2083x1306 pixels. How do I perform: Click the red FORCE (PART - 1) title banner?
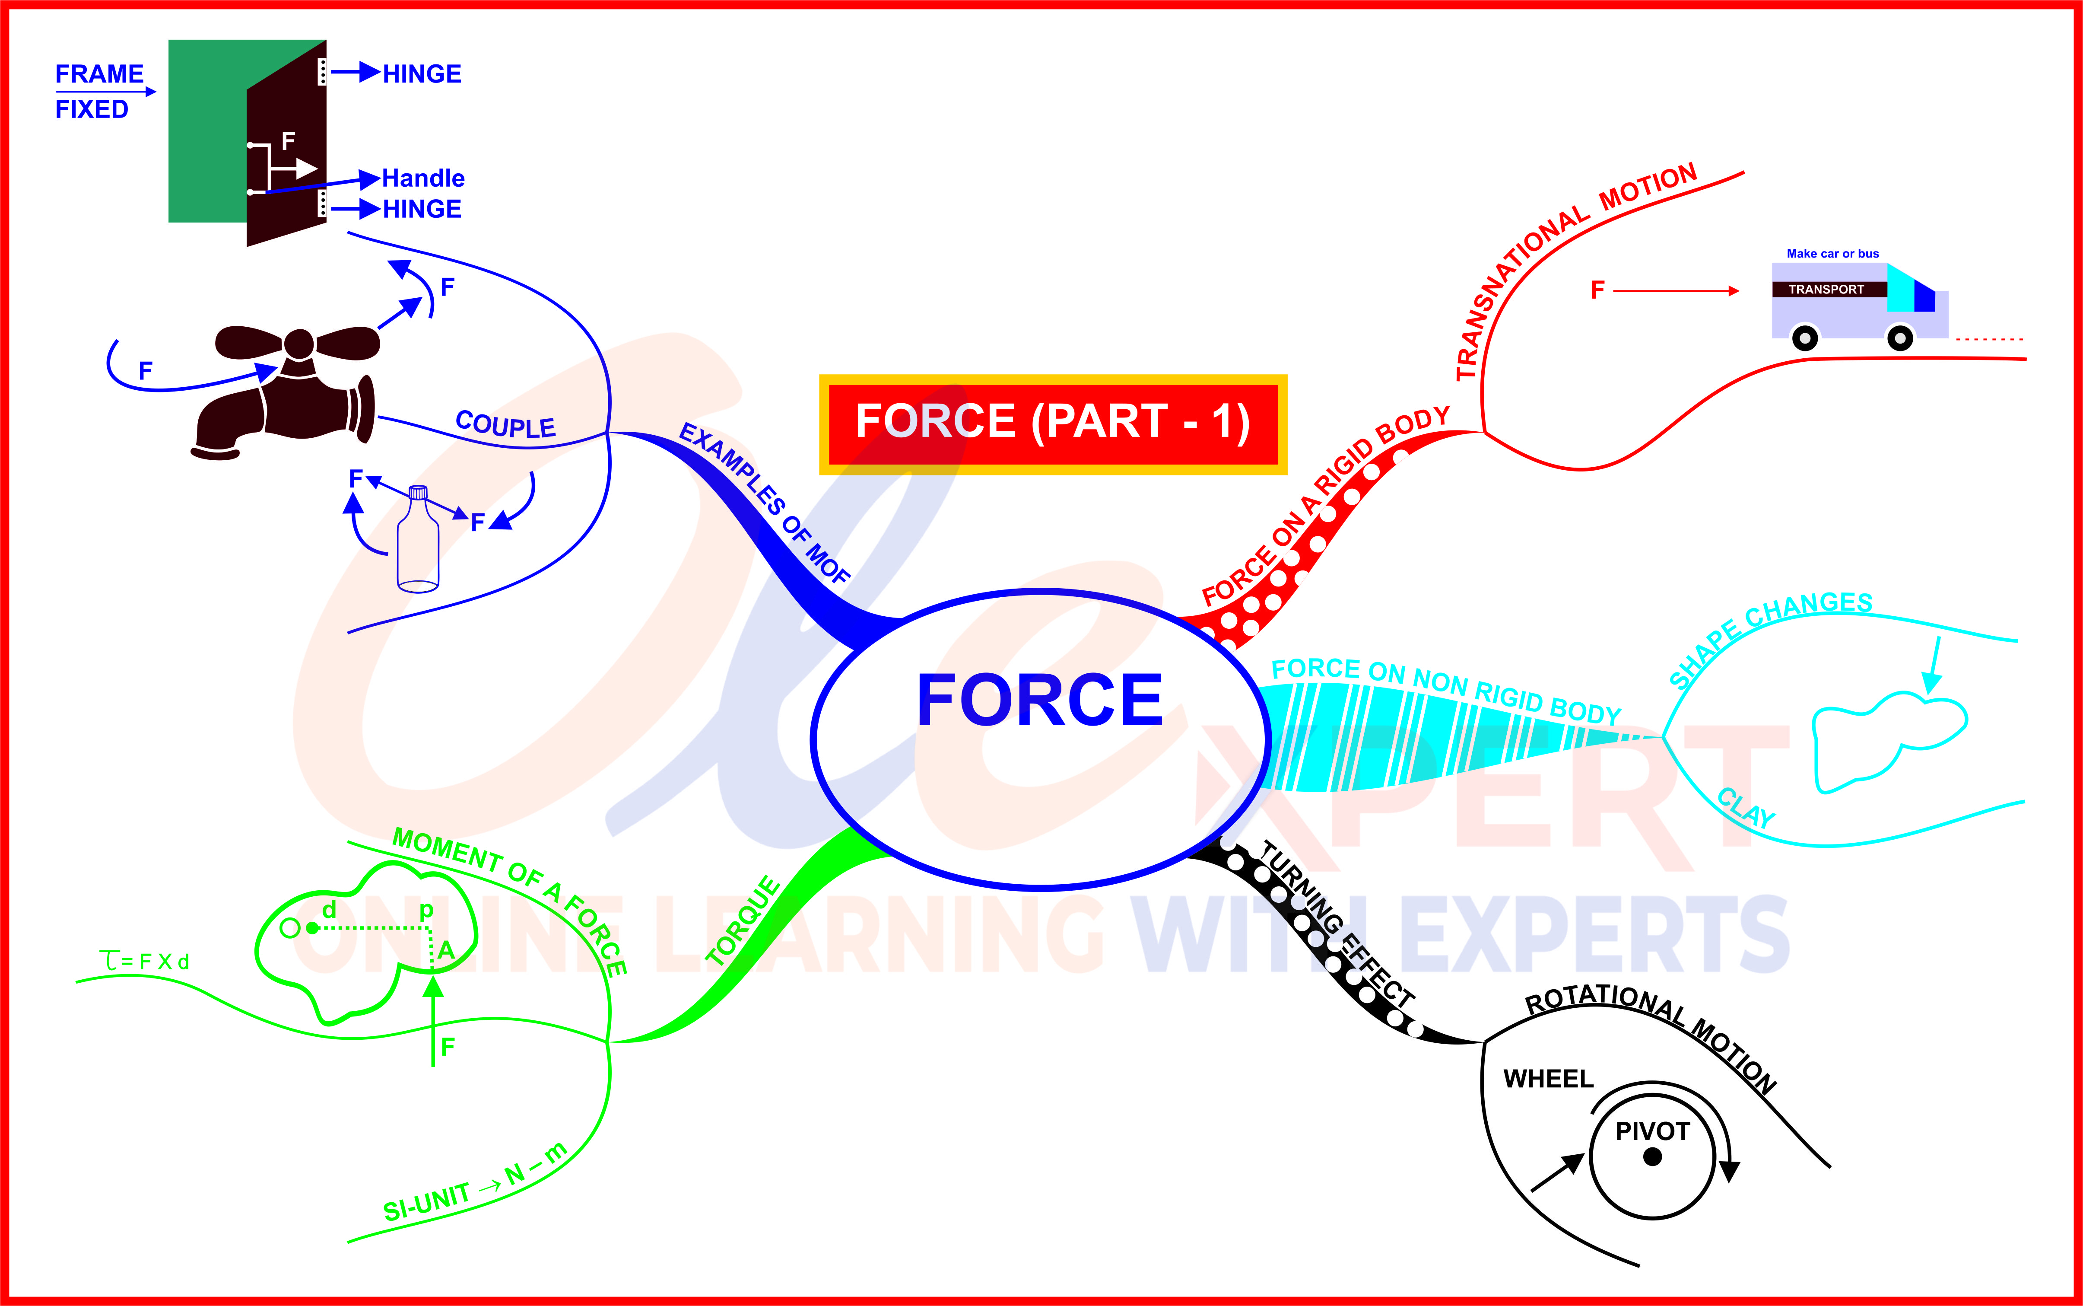click(x=1052, y=423)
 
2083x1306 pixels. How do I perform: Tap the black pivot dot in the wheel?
click(x=1652, y=1156)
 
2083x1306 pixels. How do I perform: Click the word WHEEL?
click(x=1548, y=1079)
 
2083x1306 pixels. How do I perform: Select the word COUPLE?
click(x=505, y=425)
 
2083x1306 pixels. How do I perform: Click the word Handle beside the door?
click(x=423, y=179)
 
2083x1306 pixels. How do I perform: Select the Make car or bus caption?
click(x=1832, y=253)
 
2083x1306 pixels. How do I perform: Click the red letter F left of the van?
click(x=1597, y=290)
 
